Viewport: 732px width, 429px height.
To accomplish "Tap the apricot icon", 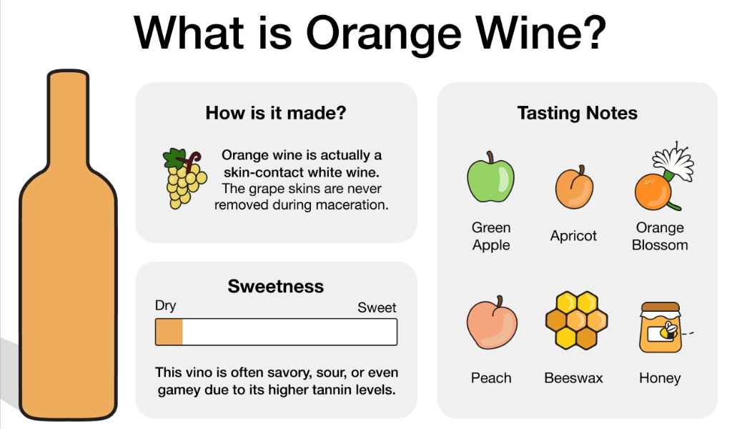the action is tap(574, 187).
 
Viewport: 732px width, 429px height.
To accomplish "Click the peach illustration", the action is tap(492, 323).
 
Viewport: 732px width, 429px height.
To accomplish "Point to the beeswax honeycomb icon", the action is tap(577, 320).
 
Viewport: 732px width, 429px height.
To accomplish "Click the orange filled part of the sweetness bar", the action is tap(169, 332).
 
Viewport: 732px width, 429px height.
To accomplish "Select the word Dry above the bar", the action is tap(165, 305).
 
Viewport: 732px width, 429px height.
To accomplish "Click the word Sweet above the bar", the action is tap(377, 307).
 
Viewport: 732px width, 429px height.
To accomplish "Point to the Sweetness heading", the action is tap(275, 286).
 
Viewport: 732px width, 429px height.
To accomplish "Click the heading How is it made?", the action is tap(276, 113).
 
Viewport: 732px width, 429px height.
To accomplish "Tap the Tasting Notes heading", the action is tap(577, 113).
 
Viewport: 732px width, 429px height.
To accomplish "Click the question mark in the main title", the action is tap(593, 33).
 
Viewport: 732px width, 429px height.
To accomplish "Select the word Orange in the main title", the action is tap(384, 34).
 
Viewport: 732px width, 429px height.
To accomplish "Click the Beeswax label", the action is tap(573, 378).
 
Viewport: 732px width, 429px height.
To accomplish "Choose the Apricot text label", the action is tap(573, 236).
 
